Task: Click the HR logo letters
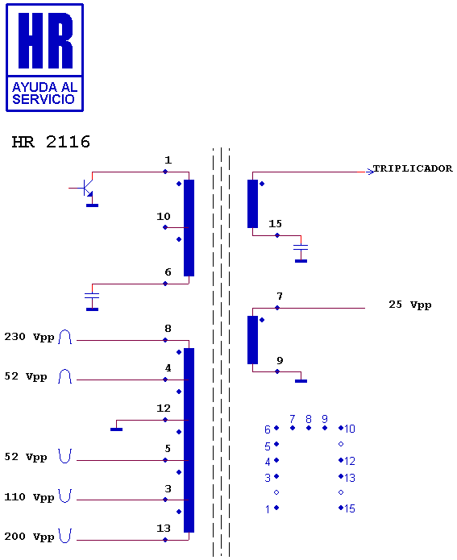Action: click(45, 40)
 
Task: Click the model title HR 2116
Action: click(51, 142)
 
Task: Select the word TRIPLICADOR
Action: click(413, 168)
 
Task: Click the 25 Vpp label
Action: click(409, 305)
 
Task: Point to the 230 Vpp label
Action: click(29, 337)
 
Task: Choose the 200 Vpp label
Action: click(29, 537)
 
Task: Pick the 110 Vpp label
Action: click(29, 497)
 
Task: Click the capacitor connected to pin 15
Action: click(301, 247)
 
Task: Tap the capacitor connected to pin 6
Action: click(92, 296)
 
